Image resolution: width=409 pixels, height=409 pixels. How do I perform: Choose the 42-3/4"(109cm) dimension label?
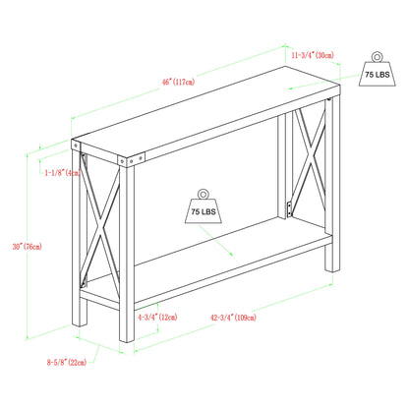click(x=232, y=318)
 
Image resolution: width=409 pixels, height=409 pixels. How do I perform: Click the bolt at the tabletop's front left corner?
click(x=119, y=158)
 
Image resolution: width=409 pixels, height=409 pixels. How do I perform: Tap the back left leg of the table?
click(x=78, y=256)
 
